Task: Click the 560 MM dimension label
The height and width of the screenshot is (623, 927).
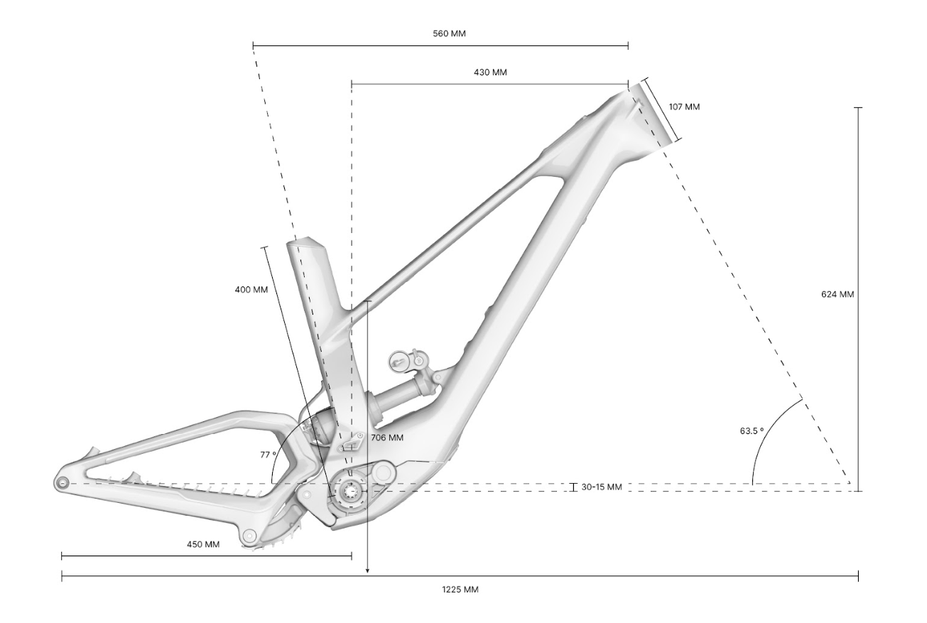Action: click(x=449, y=33)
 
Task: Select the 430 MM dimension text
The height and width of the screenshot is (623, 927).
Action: click(x=490, y=72)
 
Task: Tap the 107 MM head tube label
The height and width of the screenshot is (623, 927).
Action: click(x=684, y=107)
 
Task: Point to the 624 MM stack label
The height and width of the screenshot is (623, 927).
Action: click(x=837, y=294)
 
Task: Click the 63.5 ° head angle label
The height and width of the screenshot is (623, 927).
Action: click(x=752, y=431)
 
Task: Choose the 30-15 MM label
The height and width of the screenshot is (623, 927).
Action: click(x=602, y=487)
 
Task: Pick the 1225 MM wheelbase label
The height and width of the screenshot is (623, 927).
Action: click(x=460, y=590)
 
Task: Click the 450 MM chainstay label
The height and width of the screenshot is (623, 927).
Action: click(x=202, y=544)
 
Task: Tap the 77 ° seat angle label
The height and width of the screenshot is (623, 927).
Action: click(x=268, y=455)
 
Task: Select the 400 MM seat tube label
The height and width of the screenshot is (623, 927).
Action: click(x=251, y=290)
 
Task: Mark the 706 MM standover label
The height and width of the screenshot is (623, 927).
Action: click(x=387, y=438)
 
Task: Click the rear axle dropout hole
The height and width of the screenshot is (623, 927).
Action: click(x=63, y=482)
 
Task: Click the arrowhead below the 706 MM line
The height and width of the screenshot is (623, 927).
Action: click(x=367, y=571)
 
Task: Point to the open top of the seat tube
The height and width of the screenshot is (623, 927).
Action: click(x=307, y=243)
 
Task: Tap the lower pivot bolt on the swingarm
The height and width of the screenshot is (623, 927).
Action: click(x=249, y=536)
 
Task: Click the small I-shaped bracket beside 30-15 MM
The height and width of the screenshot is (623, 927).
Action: click(x=573, y=487)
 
